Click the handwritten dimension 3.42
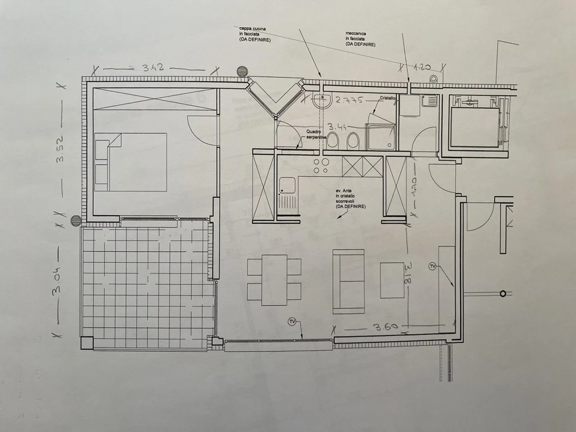click(x=153, y=68)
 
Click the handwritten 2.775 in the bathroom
click(x=350, y=100)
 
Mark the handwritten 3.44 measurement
click(x=337, y=127)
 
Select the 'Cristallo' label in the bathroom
click(x=387, y=98)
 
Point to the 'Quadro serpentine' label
click(x=316, y=134)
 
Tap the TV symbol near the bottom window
click(x=292, y=321)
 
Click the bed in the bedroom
click(x=131, y=162)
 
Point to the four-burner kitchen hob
click(x=321, y=166)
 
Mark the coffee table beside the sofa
click(x=392, y=280)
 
